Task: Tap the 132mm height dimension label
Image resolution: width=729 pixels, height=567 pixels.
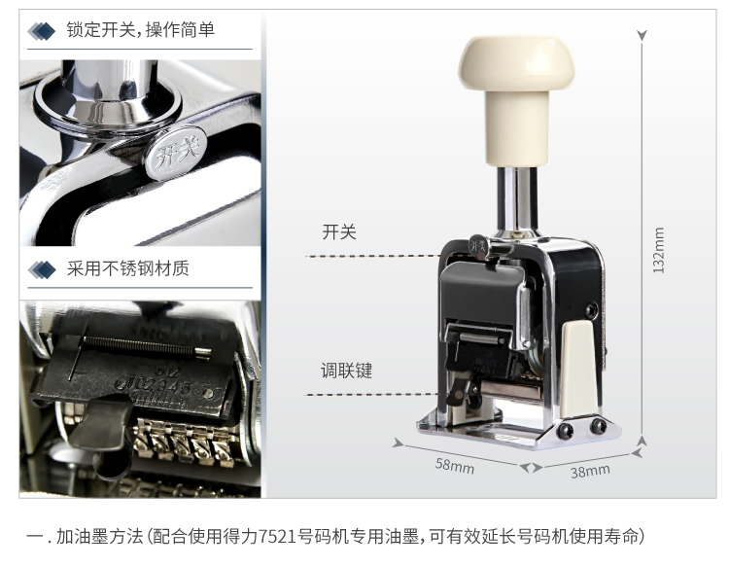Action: point(658,250)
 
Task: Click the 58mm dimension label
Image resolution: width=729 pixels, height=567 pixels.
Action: point(455,466)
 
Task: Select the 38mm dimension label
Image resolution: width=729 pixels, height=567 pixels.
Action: point(590,471)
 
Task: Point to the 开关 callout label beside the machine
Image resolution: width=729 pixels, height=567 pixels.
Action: point(339,231)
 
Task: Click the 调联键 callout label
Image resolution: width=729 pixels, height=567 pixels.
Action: point(346,371)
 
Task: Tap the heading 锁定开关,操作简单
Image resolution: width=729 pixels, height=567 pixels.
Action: point(140,30)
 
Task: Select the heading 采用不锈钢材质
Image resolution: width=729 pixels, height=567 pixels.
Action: point(128,268)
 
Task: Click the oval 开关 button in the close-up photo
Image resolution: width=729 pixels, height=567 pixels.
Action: point(176,153)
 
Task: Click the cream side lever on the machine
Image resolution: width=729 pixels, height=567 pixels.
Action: point(578,369)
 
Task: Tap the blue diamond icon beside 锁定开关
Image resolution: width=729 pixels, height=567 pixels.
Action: point(41,31)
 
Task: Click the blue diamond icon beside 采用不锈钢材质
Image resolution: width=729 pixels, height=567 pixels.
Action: point(42,269)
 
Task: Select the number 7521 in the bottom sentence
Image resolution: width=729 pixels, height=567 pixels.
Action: point(277,536)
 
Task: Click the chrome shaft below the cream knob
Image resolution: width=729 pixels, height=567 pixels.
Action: point(516,199)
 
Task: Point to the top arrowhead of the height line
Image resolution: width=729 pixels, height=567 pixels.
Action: point(642,35)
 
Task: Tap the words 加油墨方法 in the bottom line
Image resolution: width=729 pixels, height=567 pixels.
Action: point(99,536)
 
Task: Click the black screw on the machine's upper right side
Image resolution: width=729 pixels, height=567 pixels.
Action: point(591,309)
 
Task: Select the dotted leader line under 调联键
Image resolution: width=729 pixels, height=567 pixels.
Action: point(371,395)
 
